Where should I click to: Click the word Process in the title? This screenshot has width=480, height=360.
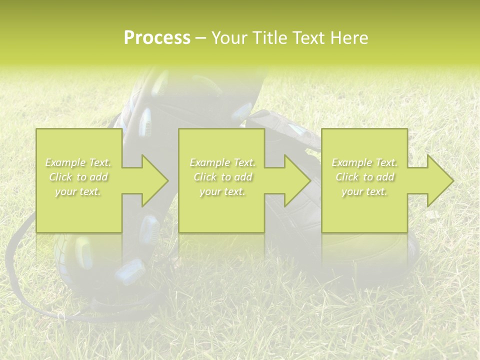(x=157, y=38)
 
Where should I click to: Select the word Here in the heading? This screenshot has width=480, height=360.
(x=348, y=38)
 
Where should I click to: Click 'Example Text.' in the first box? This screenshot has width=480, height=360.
(x=78, y=162)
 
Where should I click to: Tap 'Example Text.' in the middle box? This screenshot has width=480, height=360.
(x=222, y=162)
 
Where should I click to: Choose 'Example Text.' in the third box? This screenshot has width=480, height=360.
(x=364, y=162)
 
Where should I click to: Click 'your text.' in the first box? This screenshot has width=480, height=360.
(x=78, y=191)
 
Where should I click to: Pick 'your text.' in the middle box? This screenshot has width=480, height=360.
(x=222, y=191)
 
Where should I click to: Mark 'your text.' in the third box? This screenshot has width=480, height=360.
(x=364, y=191)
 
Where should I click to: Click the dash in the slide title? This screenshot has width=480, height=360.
(x=200, y=38)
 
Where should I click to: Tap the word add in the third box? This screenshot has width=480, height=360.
(x=384, y=177)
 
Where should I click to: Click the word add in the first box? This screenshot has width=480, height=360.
(x=97, y=177)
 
